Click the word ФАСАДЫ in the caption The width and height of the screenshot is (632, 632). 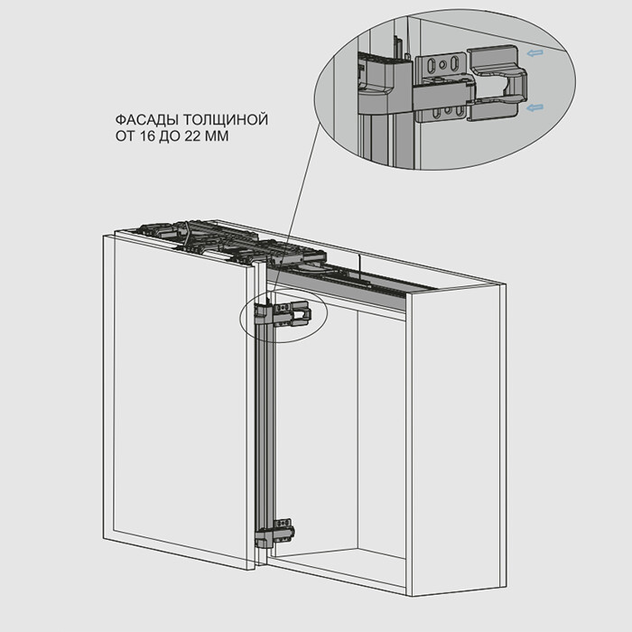point(147,120)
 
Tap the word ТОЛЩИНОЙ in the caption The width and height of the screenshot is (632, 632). point(226,120)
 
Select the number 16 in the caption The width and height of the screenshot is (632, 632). point(148,136)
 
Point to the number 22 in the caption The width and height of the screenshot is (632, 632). point(192,136)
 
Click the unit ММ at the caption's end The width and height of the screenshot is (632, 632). point(217,136)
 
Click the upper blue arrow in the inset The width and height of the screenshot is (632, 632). point(534,52)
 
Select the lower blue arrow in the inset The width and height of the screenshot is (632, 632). point(534,107)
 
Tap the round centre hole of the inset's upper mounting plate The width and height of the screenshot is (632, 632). point(442,64)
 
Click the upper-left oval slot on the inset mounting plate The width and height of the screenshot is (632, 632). point(430,64)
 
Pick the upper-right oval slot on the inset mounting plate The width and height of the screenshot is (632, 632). point(455,63)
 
